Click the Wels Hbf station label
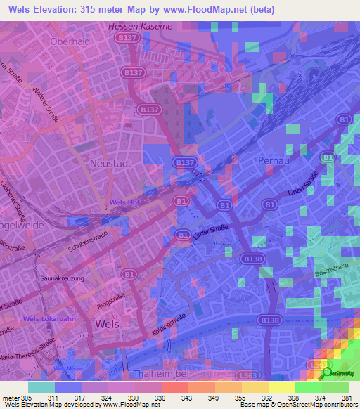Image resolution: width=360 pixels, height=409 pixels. (x=126, y=203)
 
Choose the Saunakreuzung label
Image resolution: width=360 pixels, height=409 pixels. (x=63, y=278)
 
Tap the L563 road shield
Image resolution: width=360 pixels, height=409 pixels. (x=316, y=365)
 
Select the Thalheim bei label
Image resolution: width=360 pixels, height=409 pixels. (x=157, y=372)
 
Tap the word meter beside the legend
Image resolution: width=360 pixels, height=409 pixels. (x=11, y=398)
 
